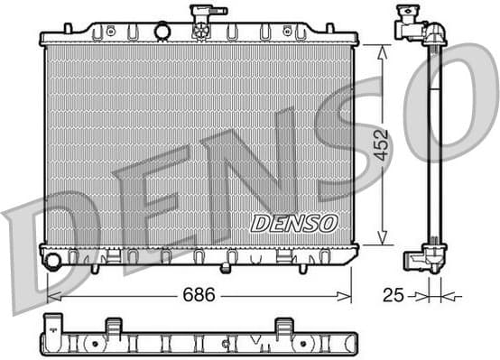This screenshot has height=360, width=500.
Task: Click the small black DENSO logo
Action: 293,222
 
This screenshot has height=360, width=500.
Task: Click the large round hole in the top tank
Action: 162,32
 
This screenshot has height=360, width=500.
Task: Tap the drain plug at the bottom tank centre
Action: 226,268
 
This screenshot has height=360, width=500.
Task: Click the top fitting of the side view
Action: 418,26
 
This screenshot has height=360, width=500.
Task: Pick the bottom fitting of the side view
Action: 424,259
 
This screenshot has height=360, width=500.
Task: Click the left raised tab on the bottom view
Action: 113,325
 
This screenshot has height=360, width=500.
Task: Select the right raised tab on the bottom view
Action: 283,325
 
